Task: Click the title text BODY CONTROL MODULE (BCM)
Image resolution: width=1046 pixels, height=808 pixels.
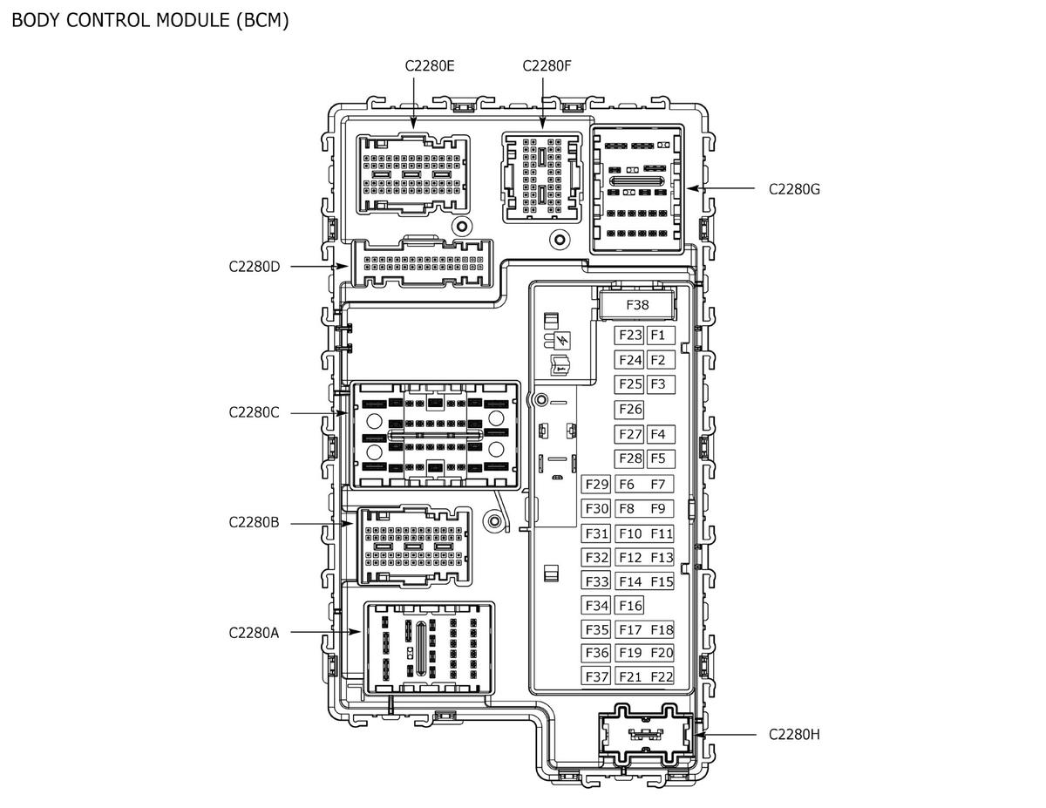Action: coord(150,21)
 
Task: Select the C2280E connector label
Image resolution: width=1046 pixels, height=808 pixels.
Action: coord(430,66)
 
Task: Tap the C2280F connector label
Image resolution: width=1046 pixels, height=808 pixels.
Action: coord(547,66)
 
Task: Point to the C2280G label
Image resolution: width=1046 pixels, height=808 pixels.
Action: coord(794,189)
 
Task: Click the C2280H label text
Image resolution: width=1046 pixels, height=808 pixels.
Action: coord(794,735)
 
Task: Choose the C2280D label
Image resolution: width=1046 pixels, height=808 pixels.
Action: coord(255,267)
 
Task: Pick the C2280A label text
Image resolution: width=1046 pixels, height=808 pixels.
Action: coord(254,633)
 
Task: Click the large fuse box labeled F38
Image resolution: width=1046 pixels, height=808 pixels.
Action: coord(637,304)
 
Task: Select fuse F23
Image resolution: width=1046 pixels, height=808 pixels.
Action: coord(629,335)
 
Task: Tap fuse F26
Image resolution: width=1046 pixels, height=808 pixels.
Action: coord(629,409)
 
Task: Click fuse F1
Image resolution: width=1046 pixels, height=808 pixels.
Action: coord(660,335)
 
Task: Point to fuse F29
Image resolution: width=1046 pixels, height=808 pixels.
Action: coord(596,484)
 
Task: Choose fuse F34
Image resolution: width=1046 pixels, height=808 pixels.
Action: coord(596,606)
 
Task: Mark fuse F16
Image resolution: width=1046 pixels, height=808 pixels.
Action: coord(629,606)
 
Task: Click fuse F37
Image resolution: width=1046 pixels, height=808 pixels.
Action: coord(596,676)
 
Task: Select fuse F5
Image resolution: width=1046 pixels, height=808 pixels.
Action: coord(660,458)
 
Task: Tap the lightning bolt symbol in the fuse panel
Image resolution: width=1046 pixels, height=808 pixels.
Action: coord(563,341)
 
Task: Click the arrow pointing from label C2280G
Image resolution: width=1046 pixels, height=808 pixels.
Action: coord(721,188)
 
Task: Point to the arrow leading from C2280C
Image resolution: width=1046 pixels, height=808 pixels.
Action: coord(319,413)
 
